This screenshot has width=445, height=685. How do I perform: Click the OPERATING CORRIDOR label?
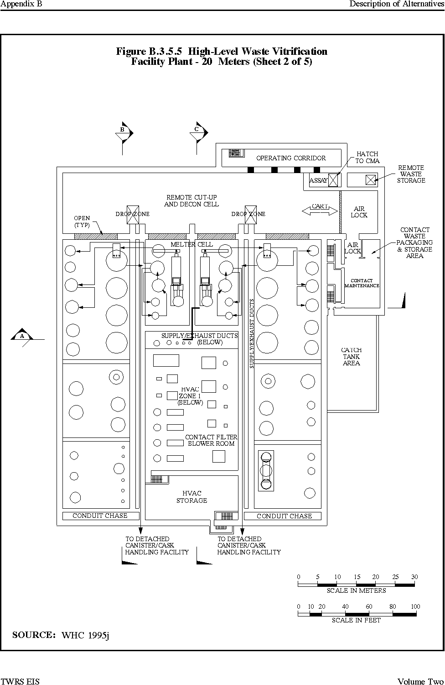291,158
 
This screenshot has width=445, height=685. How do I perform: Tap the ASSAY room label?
318,180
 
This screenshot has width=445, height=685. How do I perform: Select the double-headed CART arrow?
320,211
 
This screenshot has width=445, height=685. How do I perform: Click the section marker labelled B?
124,133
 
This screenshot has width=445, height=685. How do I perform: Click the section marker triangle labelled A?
22,335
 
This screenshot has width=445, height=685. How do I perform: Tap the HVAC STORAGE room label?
191,497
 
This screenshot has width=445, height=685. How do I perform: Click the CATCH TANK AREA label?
351,357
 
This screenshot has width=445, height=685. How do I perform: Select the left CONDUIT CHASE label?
100,516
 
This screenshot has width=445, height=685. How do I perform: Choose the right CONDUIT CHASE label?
284,516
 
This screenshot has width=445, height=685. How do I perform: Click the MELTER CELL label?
191,244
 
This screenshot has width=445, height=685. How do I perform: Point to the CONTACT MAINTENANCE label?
362,283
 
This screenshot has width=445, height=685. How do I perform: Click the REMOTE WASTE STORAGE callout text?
411,174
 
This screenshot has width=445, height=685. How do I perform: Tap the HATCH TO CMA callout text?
367,157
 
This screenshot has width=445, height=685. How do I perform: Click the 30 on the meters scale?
414,577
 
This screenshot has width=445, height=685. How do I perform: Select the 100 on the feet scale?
415,606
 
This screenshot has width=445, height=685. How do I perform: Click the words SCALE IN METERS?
356,590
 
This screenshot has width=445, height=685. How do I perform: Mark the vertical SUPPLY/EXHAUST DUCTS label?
252,333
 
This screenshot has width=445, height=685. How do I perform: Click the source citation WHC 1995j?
85,636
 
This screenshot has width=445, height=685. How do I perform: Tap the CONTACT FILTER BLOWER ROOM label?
211,440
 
